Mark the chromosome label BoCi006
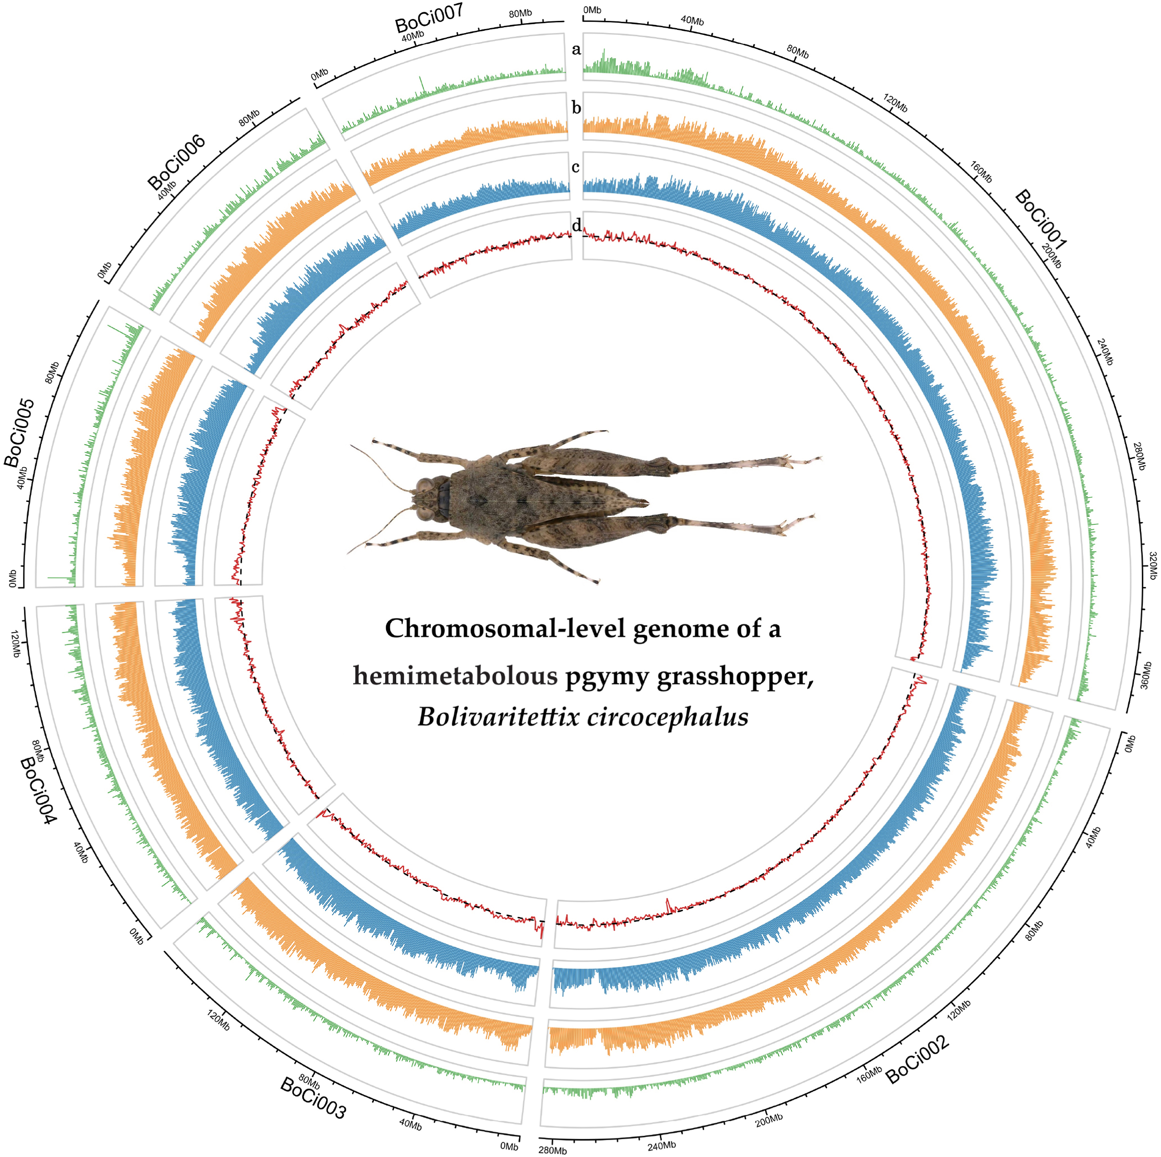click(x=177, y=162)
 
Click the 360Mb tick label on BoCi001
click(x=1145, y=675)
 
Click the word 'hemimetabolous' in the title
click(x=455, y=675)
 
